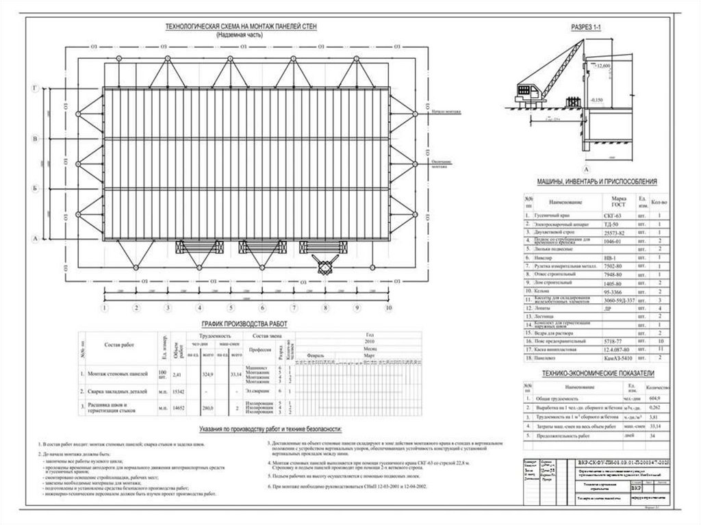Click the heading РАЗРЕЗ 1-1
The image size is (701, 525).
pos(585,27)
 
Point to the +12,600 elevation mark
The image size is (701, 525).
pos(603,66)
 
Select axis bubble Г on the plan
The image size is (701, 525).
pos(34,89)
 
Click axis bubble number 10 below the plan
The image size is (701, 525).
pos(387,308)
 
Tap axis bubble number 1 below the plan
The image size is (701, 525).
pos(104,308)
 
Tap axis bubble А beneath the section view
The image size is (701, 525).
pos(585,167)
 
